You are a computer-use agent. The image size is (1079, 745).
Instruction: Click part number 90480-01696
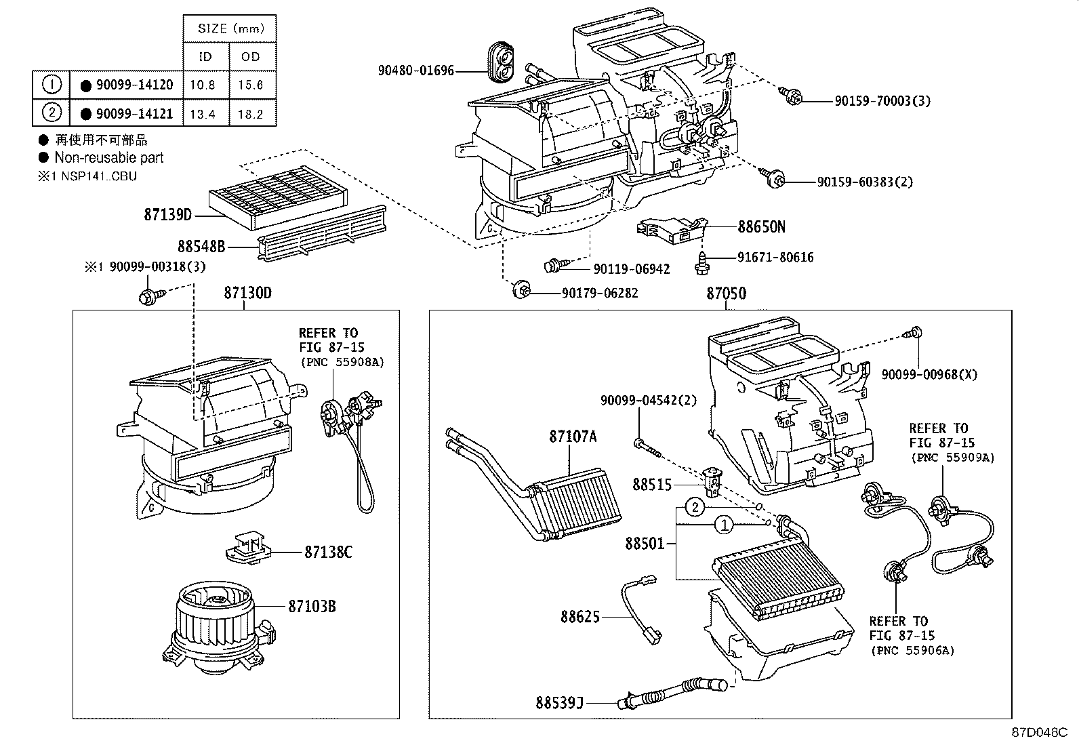tap(416, 70)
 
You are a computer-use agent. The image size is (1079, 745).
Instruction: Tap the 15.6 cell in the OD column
tap(251, 85)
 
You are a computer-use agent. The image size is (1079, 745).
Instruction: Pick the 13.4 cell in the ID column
tap(203, 114)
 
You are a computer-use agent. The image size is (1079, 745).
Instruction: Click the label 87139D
tap(168, 215)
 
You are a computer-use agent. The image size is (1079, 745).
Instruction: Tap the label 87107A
tap(573, 436)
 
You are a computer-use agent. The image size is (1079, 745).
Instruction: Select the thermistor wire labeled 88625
tap(640, 607)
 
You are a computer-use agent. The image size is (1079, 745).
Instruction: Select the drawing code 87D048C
tap(1040, 732)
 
